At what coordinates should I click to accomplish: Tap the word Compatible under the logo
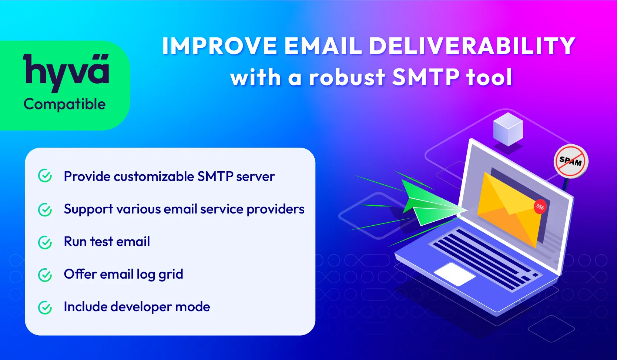click(65, 104)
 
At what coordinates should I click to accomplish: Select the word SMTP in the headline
click(426, 77)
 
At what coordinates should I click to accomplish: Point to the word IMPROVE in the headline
click(219, 46)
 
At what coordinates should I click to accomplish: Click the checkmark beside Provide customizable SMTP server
click(45, 176)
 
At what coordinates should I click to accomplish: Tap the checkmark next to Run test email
click(45, 242)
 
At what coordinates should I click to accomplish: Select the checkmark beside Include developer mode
click(45, 307)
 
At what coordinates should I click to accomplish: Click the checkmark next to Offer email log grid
click(45, 275)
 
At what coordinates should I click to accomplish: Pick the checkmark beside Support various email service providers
click(45, 210)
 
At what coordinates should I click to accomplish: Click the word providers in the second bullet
click(275, 209)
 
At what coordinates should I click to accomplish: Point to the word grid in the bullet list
click(171, 275)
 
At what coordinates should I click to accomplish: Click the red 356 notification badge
click(540, 206)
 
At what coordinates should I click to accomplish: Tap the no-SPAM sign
click(571, 161)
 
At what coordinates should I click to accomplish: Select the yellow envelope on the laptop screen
click(510, 210)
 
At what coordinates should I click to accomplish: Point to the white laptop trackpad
click(455, 274)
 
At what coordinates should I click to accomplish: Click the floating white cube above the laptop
click(508, 129)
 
